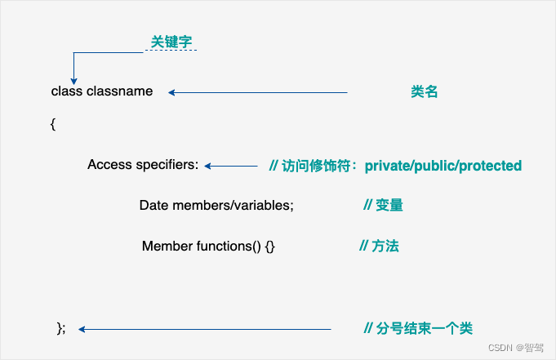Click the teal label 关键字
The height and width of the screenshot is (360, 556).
171,42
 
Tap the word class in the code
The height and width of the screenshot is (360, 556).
67,91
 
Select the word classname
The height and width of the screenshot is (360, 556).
120,91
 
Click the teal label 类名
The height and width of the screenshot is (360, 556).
425,92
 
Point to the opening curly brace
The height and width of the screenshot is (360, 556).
53,124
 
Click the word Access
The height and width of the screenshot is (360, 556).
109,165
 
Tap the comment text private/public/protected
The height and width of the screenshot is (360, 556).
443,166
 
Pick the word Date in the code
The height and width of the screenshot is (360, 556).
154,206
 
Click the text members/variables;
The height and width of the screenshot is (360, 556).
233,206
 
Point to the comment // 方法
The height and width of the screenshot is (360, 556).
379,246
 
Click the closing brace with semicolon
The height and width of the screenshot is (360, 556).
60,328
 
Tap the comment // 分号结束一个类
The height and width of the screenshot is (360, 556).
418,328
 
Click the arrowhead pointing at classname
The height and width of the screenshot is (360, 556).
171,92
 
